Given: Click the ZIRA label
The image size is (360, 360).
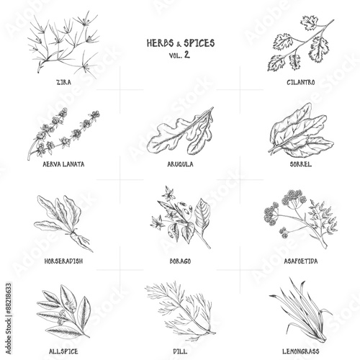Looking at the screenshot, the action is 63,82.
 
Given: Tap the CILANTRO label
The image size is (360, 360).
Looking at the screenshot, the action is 300,82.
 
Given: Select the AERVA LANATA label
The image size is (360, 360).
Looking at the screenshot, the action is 63,164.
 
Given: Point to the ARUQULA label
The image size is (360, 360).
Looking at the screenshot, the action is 180,164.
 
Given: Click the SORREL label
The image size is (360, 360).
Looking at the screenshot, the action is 301,164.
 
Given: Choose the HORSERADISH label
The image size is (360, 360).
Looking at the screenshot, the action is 63,261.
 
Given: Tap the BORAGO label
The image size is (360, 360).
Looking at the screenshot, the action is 180,261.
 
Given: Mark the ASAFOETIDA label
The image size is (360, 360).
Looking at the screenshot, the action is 301,261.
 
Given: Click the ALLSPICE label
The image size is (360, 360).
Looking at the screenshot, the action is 63,351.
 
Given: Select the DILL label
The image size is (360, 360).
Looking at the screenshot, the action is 180,351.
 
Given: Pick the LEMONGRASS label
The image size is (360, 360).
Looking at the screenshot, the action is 301,351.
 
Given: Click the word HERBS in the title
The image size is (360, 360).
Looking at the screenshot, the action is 160,43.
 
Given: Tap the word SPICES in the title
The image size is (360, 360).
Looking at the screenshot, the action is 199,43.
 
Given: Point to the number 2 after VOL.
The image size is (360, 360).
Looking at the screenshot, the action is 187,55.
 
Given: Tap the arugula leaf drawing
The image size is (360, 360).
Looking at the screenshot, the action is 181,132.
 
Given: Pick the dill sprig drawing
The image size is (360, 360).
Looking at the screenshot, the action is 181,312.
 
